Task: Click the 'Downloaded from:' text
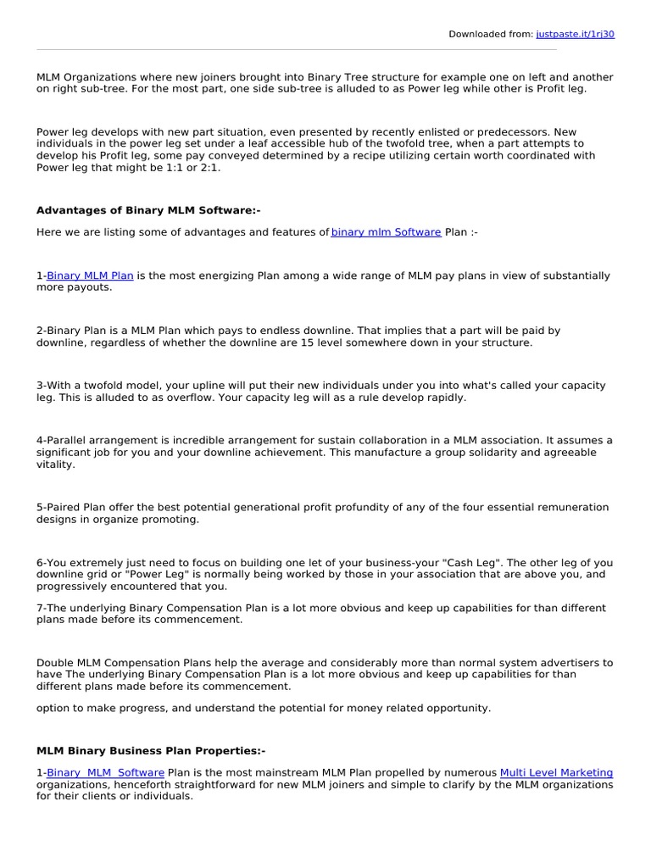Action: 491,34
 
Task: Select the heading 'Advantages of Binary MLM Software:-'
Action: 142,210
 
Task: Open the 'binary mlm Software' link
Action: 386,232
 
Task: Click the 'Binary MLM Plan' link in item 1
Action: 90,275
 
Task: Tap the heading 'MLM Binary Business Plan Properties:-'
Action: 151,751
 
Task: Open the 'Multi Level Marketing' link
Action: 556,773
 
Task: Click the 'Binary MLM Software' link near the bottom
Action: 105,773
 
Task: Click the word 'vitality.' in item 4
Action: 56,465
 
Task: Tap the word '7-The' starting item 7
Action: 50,609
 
